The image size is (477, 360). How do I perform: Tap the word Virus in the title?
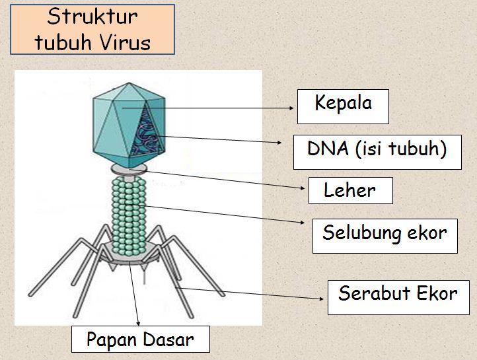pyautogui.click(x=126, y=42)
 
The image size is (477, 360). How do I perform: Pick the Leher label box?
pyautogui.click(x=350, y=191)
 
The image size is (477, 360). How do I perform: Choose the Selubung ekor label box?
pyautogui.click(x=385, y=234)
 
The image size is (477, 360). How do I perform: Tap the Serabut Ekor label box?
pyautogui.click(x=398, y=295)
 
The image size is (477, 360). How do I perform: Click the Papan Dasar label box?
pyautogui.click(x=140, y=340)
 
